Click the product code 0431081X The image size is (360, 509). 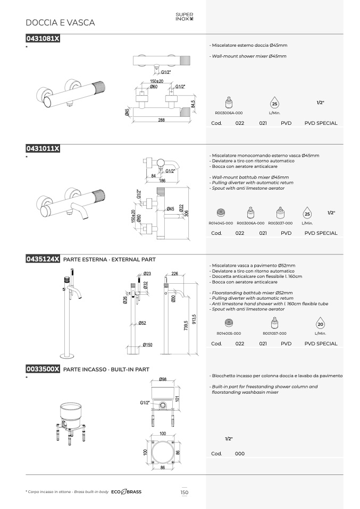[x=43, y=38]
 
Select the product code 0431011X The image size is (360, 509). [x=43, y=148]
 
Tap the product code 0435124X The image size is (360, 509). [x=43, y=259]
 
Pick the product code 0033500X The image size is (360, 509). [x=43, y=369]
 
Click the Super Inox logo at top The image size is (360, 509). [x=184, y=16]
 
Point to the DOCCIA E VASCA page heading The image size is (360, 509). [x=60, y=22]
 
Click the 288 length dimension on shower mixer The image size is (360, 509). [x=162, y=120]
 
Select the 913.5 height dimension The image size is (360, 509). [x=194, y=319]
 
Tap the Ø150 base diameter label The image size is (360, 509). [x=147, y=345]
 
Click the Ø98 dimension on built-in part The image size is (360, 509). [x=163, y=379]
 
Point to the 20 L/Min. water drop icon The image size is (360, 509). [x=320, y=324]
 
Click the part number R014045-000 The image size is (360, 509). [x=221, y=223]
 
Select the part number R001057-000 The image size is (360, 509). [x=274, y=333]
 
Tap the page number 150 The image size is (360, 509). [x=184, y=492]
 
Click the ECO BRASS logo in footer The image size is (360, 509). [x=127, y=492]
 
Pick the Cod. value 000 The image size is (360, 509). [x=240, y=454]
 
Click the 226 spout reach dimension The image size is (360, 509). [x=175, y=274]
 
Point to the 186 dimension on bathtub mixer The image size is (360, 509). [x=163, y=181]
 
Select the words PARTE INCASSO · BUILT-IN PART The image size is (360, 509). [x=106, y=369]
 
